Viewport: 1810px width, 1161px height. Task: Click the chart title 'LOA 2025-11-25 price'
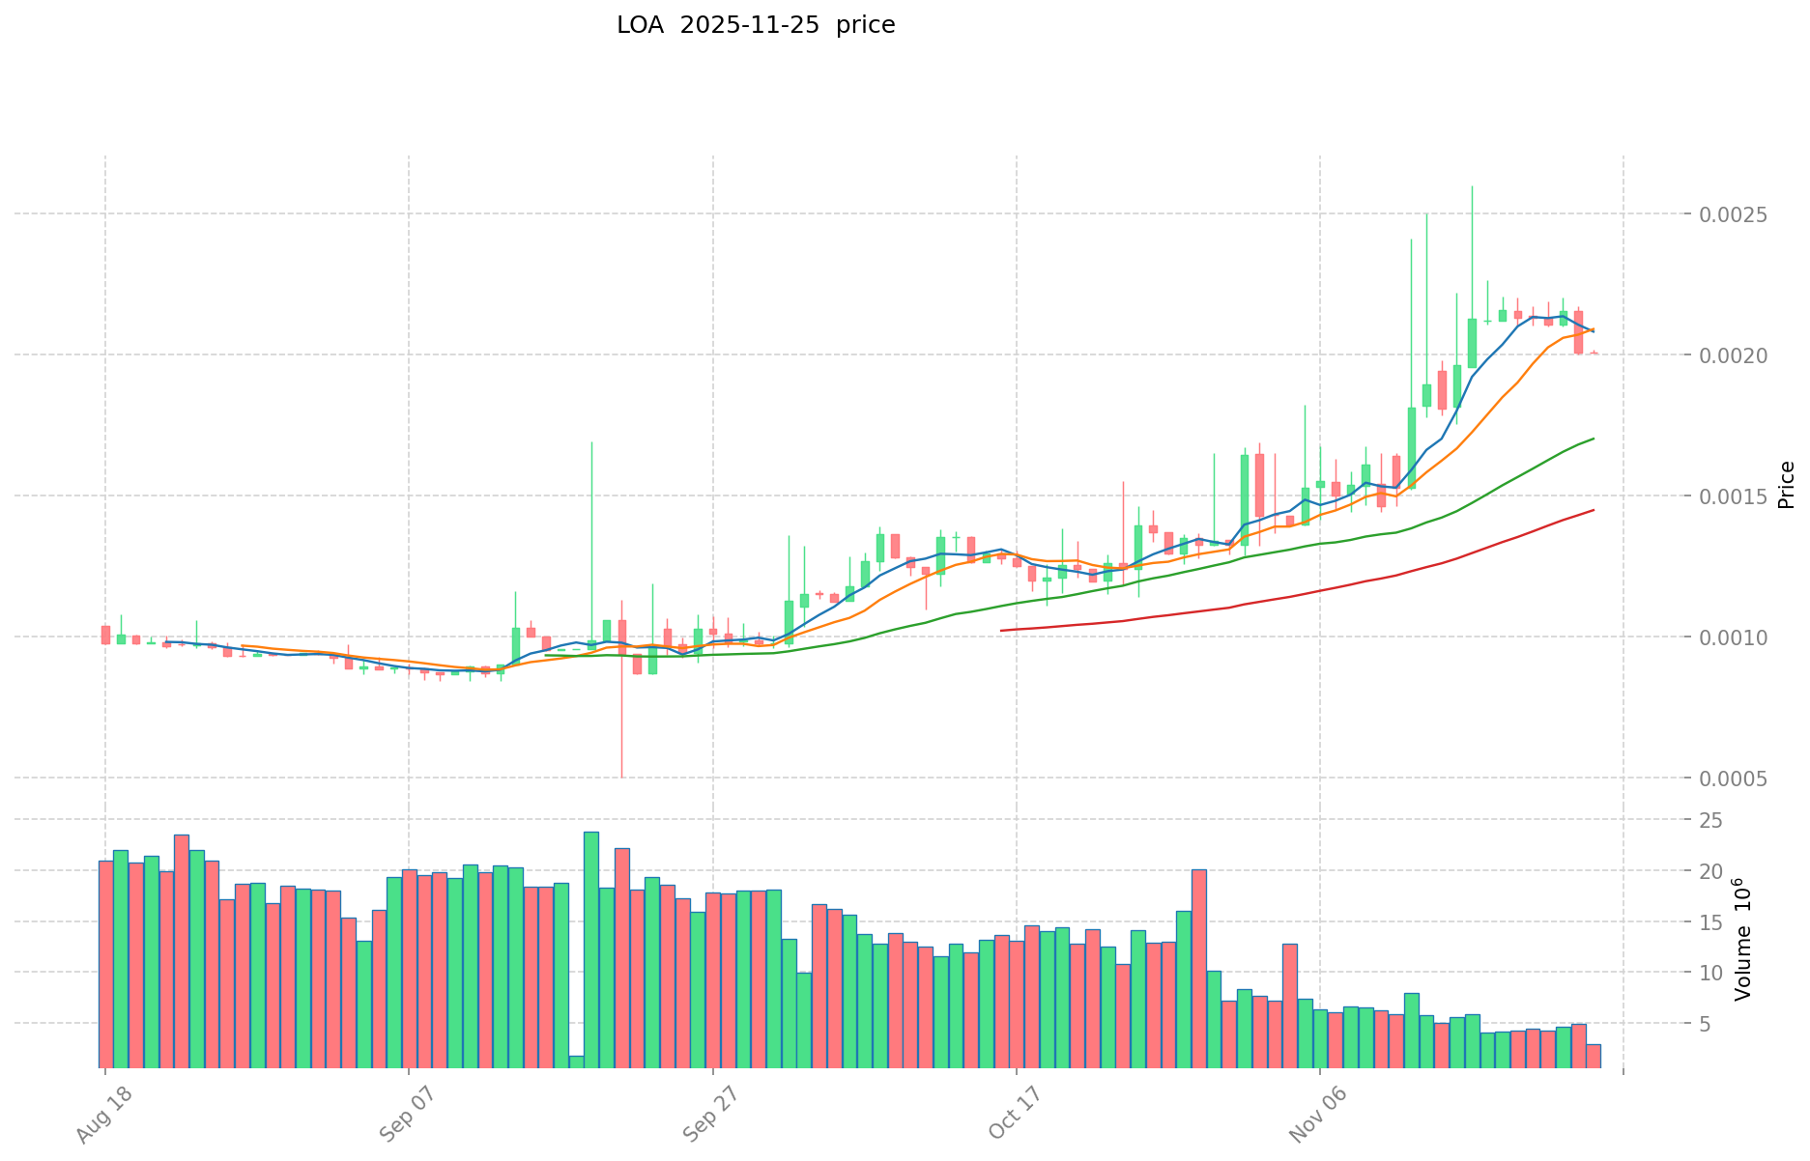(x=756, y=25)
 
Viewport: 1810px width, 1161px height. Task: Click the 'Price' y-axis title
(x=1786, y=485)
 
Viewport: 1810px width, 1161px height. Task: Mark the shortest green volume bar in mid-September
(x=576, y=1062)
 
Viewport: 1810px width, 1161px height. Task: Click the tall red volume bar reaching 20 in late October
(x=1198, y=966)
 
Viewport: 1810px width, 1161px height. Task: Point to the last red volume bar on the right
(x=1593, y=1055)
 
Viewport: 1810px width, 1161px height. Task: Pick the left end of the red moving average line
(x=1002, y=631)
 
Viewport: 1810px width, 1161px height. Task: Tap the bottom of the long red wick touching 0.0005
(x=621, y=776)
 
